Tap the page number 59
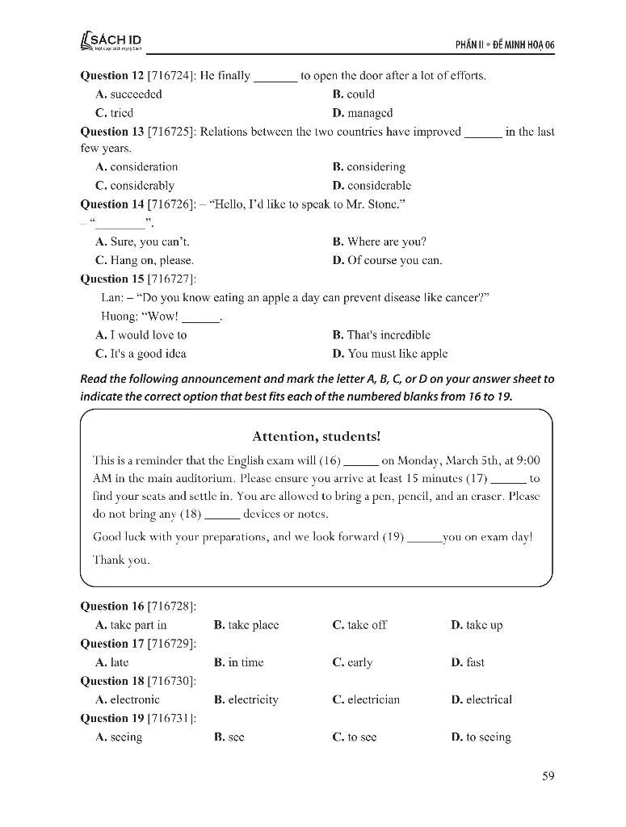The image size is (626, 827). coord(548,776)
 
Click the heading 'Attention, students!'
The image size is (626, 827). coord(316,436)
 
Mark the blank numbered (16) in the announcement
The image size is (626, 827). coord(362,462)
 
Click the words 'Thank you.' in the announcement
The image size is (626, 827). coord(121,560)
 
